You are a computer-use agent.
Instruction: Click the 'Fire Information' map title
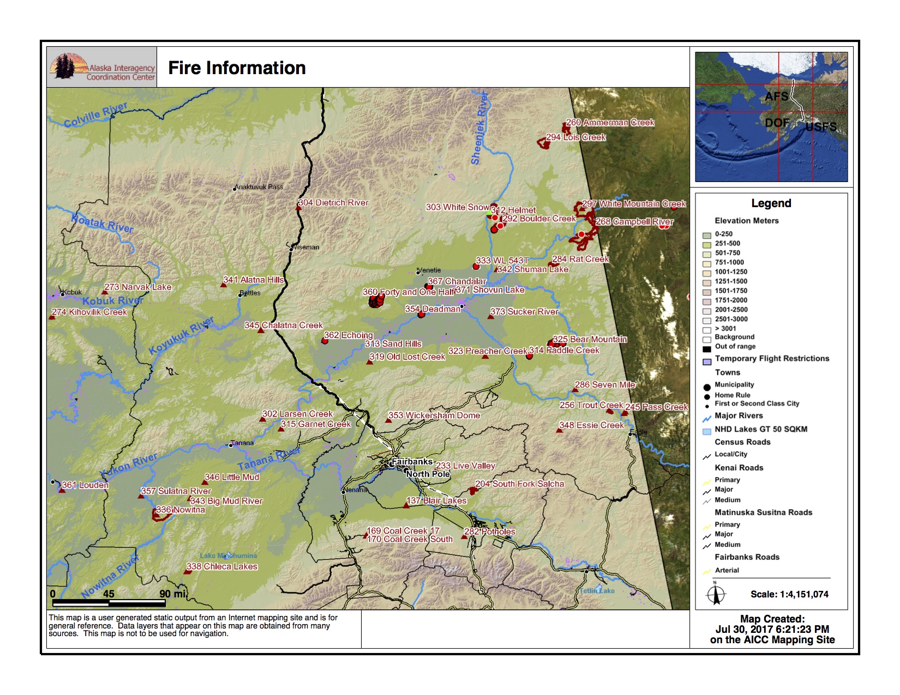coord(237,68)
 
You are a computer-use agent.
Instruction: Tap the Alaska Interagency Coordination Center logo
coord(102,67)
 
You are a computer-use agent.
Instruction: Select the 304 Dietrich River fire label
coord(334,203)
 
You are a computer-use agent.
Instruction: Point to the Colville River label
coord(95,114)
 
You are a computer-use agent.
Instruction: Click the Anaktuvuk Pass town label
coord(259,187)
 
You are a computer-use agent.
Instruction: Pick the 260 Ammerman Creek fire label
coord(610,123)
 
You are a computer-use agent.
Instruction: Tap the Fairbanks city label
coord(412,462)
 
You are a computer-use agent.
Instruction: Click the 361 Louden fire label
coord(85,485)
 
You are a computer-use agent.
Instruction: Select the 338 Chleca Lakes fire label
coord(222,566)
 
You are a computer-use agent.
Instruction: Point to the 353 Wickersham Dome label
coord(434,415)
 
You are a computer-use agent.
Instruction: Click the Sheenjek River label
coord(479,129)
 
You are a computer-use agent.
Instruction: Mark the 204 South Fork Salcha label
coord(519,484)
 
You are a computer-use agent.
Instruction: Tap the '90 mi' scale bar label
coord(173,594)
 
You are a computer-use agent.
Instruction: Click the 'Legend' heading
coord(771,203)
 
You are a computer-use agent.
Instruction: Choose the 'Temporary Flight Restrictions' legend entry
coord(772,359)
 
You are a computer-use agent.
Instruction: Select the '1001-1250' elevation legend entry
coord(731,272)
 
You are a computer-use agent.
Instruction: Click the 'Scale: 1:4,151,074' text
coord(789,594)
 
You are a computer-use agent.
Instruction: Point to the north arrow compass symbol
coord(716,594)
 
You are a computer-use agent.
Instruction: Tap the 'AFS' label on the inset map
coord(776,97)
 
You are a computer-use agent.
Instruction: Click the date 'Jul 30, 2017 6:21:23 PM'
coord(772,629)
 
